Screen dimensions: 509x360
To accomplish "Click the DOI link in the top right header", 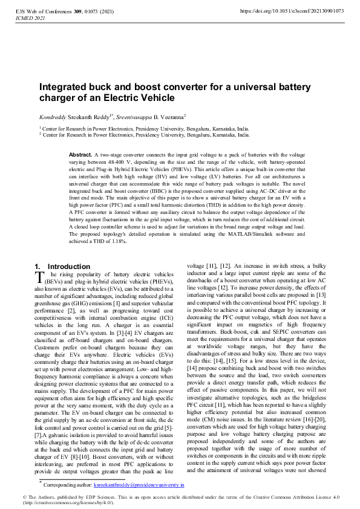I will click(292, 11).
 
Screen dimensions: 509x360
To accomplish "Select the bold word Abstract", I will click(80, 155).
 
